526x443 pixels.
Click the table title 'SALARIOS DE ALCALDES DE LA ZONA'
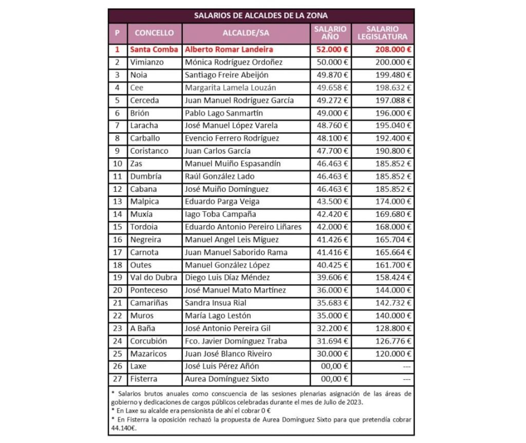click(x=260, y=15)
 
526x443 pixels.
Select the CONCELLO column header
click(x=154, y=33)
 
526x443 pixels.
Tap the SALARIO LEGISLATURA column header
click(x=383, y=33)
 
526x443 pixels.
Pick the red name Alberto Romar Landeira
click(x=229, y=50)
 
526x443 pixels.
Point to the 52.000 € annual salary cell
click(x=331, y=50)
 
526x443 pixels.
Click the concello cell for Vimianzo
click(x=147, y=62)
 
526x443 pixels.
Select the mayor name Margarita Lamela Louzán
click(x=230, y=88)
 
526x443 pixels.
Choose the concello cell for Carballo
click(x=145, y=138)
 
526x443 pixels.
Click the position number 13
click(x=118, y=201)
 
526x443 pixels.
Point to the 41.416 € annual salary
click(x=331, y=252)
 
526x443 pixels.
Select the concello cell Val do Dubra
click(x=152, y=278)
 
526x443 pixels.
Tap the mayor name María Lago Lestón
click(x=218, y=316)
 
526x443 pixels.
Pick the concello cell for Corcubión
click(x=148, y=341)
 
